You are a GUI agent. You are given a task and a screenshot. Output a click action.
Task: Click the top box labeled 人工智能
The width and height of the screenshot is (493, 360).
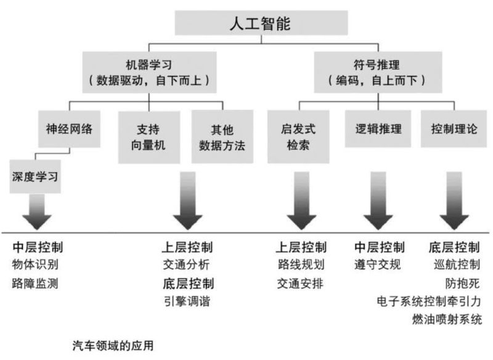tap(261, 23)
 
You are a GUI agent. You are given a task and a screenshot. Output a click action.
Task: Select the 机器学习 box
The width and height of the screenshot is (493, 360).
tap(149, 72)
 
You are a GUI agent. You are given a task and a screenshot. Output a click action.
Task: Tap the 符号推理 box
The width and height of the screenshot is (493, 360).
tap(378, 72)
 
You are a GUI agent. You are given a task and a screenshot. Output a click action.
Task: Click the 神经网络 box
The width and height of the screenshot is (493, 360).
tap(69, 129)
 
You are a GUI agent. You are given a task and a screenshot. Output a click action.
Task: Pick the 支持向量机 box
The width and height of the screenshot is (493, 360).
tap(149, 137)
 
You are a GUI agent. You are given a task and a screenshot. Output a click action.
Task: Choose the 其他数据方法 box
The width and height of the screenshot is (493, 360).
tap(222, 137)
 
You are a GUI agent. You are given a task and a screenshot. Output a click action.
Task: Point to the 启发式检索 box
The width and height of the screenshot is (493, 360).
tap(298, 137)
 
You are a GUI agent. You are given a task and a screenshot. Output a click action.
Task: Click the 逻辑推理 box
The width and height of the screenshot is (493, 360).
tap(378, 129)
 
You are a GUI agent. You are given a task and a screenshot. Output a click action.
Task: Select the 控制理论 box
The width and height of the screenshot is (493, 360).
tap(454, 129)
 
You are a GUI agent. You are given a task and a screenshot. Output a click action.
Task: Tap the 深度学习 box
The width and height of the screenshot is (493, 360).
tap(35, 176)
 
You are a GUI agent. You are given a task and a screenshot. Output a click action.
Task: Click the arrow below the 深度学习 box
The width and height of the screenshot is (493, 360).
tap(37, 211)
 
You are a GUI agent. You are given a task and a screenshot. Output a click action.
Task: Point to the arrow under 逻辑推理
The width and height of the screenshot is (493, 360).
tap(378, 200)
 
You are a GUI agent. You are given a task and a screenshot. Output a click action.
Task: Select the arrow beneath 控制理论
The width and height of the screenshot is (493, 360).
tap(454, 200)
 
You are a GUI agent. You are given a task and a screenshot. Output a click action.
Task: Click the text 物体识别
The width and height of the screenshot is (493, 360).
tap(35, 264)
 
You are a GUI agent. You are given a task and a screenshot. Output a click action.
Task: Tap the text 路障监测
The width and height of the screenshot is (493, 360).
tap(35, 284)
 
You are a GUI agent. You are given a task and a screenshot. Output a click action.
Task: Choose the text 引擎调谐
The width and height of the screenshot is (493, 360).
tap(187, 301)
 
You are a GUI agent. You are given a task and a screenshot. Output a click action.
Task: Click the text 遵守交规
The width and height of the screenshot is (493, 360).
tap(378, 264)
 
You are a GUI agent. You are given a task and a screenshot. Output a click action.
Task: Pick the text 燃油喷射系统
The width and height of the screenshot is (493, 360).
tap(447, 319)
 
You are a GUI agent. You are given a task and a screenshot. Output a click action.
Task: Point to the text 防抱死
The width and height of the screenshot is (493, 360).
tap(463, 284)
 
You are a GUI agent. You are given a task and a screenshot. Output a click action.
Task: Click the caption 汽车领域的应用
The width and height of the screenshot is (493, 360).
tap(113, 346)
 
